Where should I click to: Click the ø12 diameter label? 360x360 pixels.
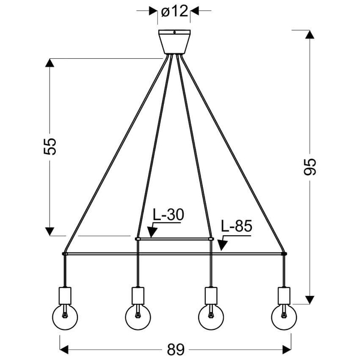tap(175, 11)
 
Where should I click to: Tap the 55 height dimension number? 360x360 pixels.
tap(50, 146)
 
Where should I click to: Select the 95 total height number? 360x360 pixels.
tap(310, 167)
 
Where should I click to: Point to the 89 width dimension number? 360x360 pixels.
tap(176, 350)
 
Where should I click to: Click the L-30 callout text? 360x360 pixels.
tap(169, 215)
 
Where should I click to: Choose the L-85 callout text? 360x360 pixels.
tap(236, 226)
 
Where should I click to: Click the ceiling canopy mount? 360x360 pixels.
tap(175, 42)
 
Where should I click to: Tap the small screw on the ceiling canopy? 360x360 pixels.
tap(175, 32)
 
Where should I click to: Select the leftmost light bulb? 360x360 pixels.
tap(65, 317)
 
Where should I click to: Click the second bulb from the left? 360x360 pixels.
tap(138, 317)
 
